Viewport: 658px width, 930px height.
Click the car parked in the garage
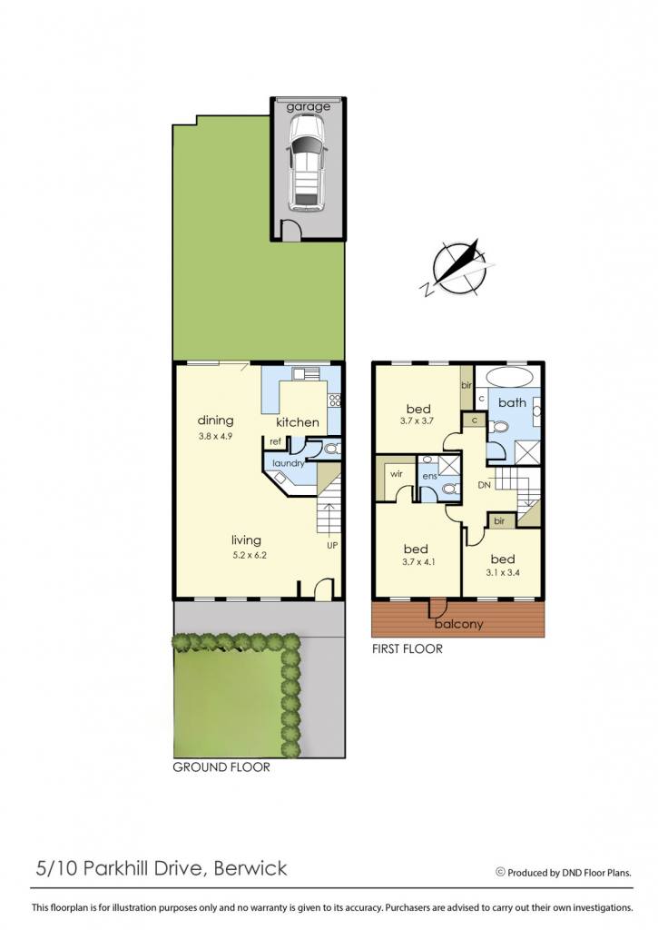coord(307,162)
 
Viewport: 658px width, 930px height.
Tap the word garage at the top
coord(309,107)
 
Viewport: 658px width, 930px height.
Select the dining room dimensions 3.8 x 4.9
coord(215,435)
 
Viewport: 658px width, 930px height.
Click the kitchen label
coord(298,422)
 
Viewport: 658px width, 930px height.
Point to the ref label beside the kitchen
coord(276,441)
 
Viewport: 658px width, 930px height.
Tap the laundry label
coord(288,462)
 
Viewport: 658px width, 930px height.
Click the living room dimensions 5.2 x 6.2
coord(246,555)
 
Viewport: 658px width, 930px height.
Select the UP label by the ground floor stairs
coord(332,545)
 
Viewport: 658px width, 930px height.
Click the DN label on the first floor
coord(485,485)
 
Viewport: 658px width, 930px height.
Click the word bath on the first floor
coord(512,402)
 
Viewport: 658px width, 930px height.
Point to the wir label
coord(397,474)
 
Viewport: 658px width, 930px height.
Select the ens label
coord(429,476)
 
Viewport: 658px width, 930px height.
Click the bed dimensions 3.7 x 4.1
coord(418,561)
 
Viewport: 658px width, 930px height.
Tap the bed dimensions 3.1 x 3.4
coord(503,572)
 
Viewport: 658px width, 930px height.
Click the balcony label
coord(459,624)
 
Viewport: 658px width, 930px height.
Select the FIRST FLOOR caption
coord(408,648)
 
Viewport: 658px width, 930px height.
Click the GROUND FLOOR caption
coord(221,767)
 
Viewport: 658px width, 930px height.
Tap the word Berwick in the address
coord(250,868)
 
